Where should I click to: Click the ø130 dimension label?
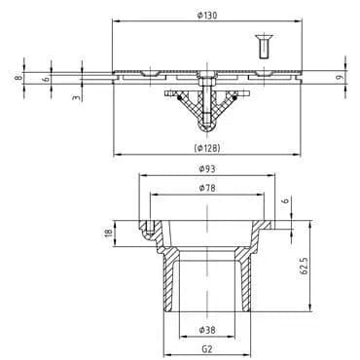click(x=207, y=16)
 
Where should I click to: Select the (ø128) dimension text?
click(x=207, y=148)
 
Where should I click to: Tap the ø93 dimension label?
click(x=207, y=168)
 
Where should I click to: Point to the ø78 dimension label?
click(x=207, y=188)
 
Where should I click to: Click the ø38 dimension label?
click(x=207, y=330)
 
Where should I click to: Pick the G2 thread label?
click(x=207, y=349)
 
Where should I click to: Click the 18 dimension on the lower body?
click(x=109, y=233)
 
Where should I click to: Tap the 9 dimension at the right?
click(x=339, y=78)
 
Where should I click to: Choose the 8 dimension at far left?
click(x=18, y=78)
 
